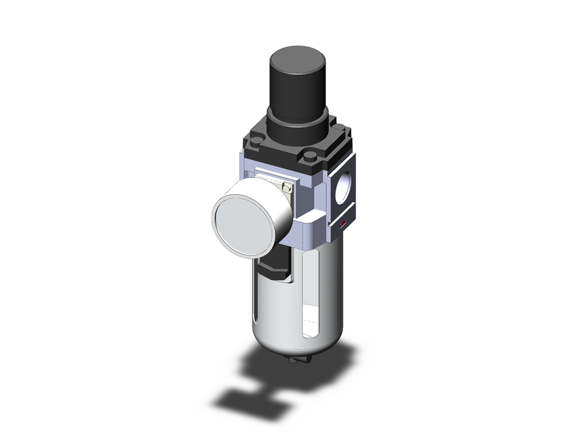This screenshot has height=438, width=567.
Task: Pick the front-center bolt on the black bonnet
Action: coord(310,156)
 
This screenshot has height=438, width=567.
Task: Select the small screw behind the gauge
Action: coord(287,187)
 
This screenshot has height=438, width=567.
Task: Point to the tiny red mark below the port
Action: coord(342,226)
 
